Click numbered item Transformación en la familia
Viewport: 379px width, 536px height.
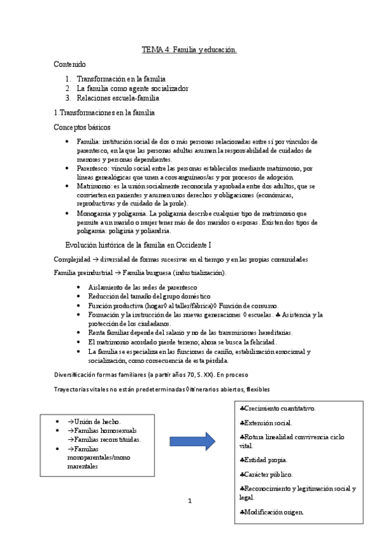pos(113,79)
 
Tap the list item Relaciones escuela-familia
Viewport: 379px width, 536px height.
pos(118,98)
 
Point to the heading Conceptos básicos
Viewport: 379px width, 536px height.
pos(82,127)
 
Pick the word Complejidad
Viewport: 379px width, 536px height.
pos(72,260)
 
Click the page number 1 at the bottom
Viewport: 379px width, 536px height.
pos(189,501)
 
